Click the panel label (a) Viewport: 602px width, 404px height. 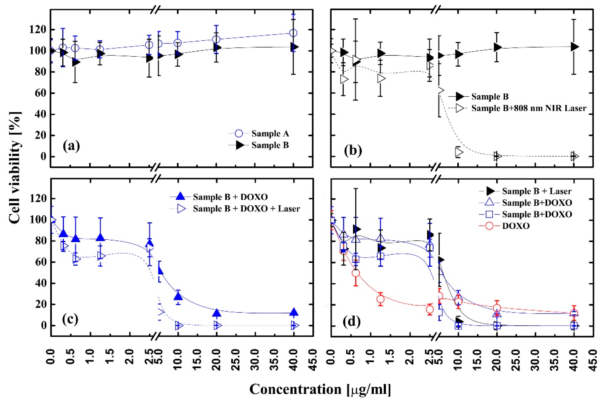tap(71, 146)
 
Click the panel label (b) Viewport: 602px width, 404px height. tap(352, 150)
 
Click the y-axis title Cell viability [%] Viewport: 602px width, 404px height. tap(15, 168)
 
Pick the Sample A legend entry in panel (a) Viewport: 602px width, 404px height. tap(270, 133)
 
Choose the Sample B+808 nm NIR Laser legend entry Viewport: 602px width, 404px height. tap(528, 108)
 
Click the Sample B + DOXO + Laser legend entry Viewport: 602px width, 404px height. tap(246, 208)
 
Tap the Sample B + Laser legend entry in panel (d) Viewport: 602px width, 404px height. tap(536, 191)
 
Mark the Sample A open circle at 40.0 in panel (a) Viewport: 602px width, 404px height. tap(293, 33)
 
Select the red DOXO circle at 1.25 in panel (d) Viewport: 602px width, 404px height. tap(380, 299)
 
